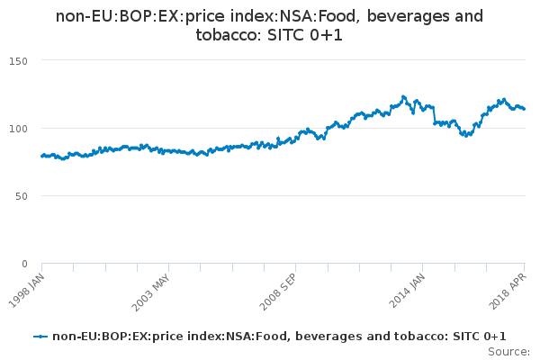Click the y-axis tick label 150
(x=20, y=60)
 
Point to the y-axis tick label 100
(x=20, y=128)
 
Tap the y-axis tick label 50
(x=22, y=196)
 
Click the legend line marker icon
(x=40, y=337)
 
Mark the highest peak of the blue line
(x=403, y=96)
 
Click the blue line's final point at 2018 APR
(x=525, y=109)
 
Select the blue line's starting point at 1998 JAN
(x=41, y=156)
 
